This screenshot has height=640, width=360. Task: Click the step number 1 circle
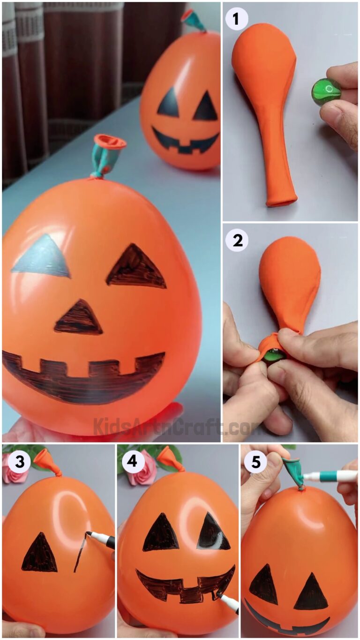(x=237, y=20)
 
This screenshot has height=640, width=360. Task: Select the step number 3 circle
(x=20, y=462)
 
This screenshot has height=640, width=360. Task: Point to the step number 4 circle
(x=134, y=462)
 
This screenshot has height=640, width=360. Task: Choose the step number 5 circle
(x=255, y=462)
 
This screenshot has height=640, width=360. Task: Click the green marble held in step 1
(x=326, y=92)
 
